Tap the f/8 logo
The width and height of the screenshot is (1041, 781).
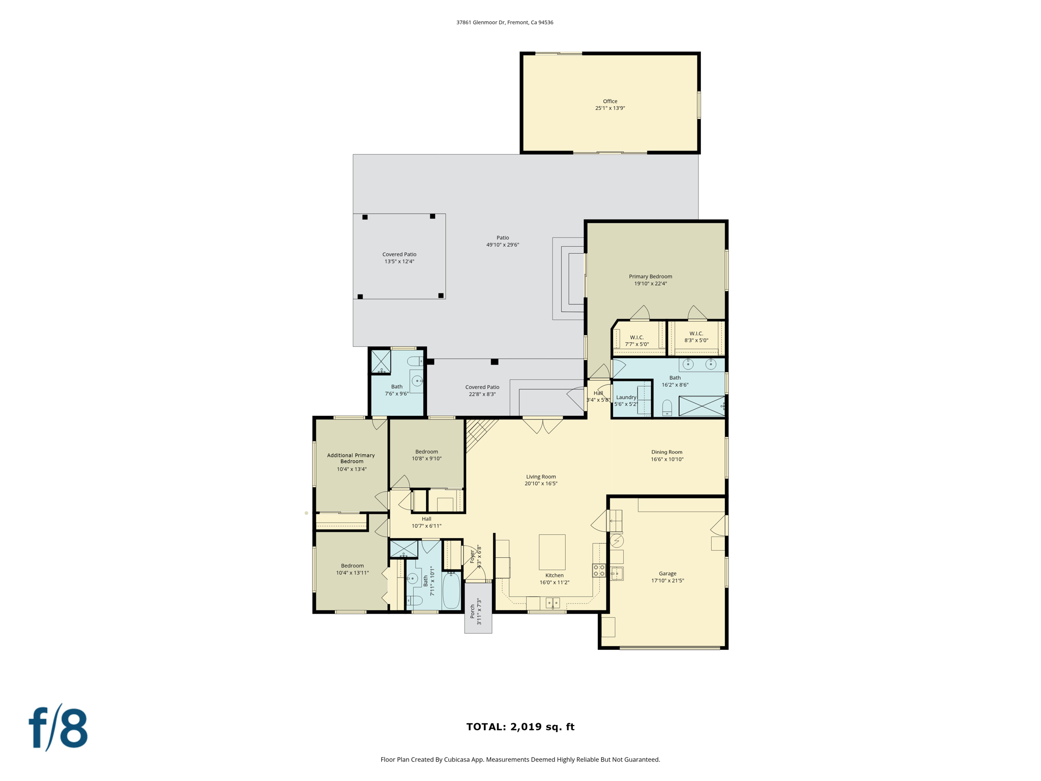(x=58, y=728)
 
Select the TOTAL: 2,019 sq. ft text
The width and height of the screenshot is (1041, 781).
(x=520, y=727)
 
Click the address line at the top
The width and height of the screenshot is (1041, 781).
(x=504, y=22)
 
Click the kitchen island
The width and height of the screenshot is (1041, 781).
(x=552, y=552)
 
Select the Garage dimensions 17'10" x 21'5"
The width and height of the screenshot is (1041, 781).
(x=667, y=581)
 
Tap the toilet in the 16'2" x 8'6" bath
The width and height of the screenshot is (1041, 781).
(x=667, y=408)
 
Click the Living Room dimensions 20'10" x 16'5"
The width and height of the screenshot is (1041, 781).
(x=541, y=484)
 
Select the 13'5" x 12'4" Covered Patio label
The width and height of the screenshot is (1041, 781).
(x=399, y=258)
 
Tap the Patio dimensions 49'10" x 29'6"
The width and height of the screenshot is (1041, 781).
(x=502, y=245)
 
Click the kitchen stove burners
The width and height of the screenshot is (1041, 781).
(x=599, y=570)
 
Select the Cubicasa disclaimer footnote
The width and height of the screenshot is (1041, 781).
(x=520, y=760)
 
